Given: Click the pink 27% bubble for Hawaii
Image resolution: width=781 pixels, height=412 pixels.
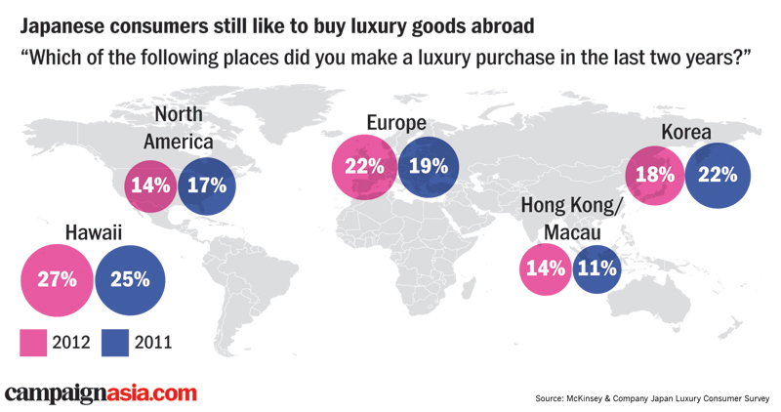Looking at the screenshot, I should coord(58,279).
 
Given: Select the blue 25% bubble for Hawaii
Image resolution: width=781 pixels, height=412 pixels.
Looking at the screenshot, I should coord(129,279).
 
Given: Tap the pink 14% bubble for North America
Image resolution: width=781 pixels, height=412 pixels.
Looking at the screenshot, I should coord(150,185).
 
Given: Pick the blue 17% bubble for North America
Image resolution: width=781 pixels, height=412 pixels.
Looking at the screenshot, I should coord(206,185).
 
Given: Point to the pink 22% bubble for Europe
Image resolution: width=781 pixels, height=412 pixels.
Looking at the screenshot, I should coord(363,167).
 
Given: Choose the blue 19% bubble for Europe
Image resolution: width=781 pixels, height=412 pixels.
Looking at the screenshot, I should coord(428,167).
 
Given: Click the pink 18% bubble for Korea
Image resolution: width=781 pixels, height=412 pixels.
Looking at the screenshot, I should coord(655,176).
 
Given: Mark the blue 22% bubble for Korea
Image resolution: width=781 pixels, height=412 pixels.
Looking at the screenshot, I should coord(718,176).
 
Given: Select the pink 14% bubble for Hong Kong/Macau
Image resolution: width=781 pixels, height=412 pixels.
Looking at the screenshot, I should coord(545,268).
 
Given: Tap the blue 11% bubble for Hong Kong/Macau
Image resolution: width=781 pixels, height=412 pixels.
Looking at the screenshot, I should coord(596,268).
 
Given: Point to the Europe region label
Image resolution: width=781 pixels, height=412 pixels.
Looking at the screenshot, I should coord(396,123).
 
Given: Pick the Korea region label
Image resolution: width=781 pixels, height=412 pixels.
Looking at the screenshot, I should coord(685,132).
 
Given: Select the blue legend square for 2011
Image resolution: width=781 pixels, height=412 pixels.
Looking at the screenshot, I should coord(116,342).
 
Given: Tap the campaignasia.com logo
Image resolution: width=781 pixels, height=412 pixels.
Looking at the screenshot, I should coord(101,393).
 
